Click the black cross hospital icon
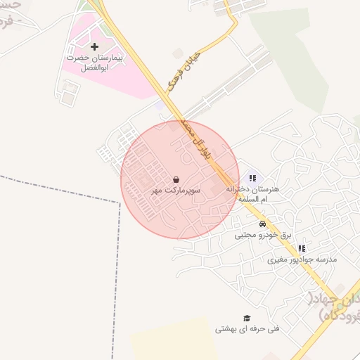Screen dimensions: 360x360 95,46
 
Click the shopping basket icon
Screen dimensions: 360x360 175,180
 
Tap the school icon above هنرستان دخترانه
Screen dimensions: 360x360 252,179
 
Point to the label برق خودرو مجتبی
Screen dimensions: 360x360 262,235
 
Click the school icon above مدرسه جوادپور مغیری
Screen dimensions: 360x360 302,248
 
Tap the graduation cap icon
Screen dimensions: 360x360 246,318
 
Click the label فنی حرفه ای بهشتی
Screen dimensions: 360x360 247,329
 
